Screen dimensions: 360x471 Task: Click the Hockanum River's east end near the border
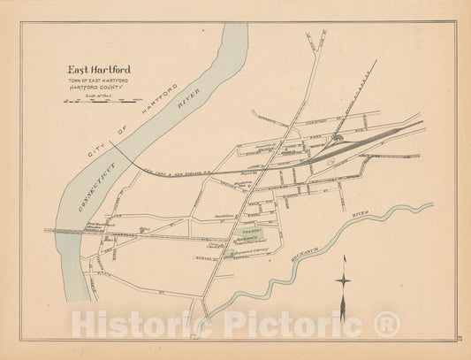pyautogui.click(x=430, y=206)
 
